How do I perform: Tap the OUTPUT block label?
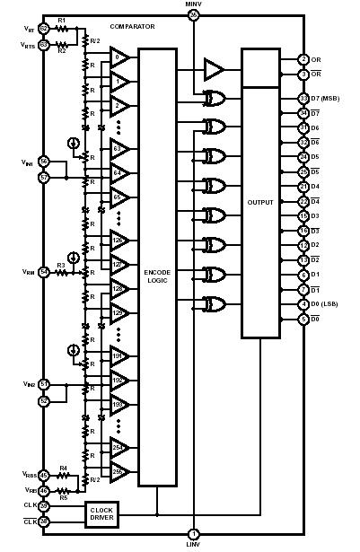[x=260, y=202]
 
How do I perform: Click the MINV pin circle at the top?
[x=193, y=14]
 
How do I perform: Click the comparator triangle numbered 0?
[x=120, y=58]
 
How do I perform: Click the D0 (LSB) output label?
[x=328, y=305]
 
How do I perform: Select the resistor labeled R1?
[x=61, y=30]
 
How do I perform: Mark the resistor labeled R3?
[x=61, y=271]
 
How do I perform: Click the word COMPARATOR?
[x=132, y=27]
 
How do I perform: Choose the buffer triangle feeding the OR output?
[x=215, y=68]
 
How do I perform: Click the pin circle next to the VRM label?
[x=43, y=271]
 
